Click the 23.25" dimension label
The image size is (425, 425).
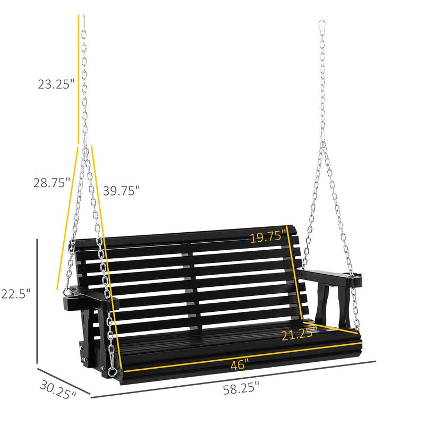click(x=55, y=83)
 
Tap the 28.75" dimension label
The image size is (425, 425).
click(x=50, y=183)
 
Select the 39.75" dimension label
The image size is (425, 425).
click(x=122, y=190)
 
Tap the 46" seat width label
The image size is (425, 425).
click(x=239, y=365)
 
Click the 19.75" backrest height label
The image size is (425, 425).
click(x=268, y=237)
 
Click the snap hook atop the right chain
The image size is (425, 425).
click(x=322, y=27)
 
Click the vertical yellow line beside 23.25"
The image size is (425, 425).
click(x=79, y=80)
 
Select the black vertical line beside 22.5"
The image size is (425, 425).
click(x=37, y=294)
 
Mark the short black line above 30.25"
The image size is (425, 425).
click(x=64, y=381)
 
